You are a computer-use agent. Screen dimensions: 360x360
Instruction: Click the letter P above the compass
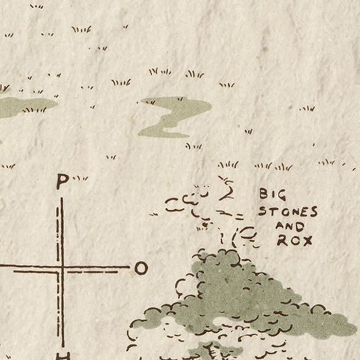(x=62, y=181)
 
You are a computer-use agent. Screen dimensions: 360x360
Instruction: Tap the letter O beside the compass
(x=141, y=268)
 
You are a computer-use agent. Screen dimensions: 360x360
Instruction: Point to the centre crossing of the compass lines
(x=61, y=267)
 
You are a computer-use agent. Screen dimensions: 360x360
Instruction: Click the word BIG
(x=272, y=194)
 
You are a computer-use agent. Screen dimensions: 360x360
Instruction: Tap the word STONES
(x=287, y=211)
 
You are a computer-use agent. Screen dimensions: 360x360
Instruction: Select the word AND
(x=290, y=226)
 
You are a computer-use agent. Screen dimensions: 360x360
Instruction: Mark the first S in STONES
(x=262, y=211)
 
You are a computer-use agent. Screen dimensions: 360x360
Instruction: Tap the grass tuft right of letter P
(x=80, y=178)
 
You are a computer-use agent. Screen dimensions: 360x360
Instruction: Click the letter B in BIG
(x=263, y=194)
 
